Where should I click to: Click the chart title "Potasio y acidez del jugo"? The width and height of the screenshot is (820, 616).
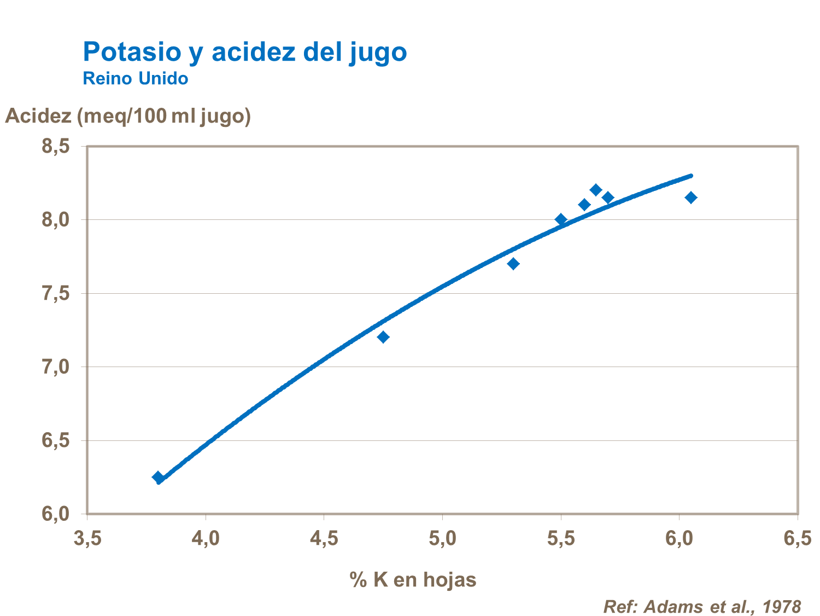point(244,52)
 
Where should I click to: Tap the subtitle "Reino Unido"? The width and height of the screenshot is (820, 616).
point(135,79)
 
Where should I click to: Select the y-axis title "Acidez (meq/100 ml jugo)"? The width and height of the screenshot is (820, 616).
point(128,116)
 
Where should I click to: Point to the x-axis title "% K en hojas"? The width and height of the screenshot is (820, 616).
point(413,579)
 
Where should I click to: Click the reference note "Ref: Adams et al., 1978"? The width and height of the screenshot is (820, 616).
point(702,606)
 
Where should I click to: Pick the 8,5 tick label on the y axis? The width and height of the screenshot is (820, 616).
point(56,146)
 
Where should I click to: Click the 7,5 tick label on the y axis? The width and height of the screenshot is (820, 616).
point(56,293)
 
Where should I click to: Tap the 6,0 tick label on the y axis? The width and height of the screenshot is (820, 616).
point(56,514)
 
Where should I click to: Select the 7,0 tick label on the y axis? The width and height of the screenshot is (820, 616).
point(56,367)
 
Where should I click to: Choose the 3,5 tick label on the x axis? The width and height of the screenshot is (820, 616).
point(87,539)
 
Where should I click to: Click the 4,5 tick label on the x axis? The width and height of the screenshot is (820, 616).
point(324,539)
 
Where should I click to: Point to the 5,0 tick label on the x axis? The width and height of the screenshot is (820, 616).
point(442,539)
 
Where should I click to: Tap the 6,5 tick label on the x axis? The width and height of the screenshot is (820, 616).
point(798,539)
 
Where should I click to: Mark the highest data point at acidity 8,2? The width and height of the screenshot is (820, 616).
point(596,190)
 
